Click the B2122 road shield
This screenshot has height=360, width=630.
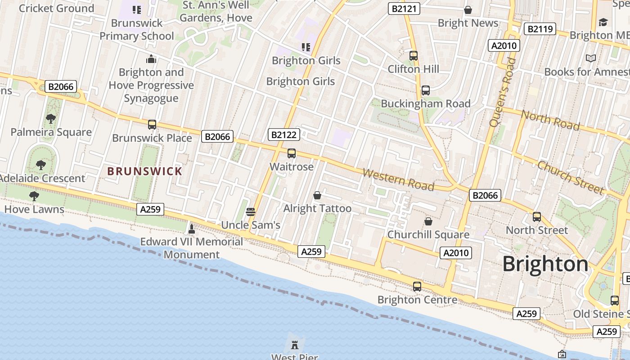tap(283, 135)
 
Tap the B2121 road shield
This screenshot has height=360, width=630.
tap(404, 9)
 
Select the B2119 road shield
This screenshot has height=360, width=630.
tap(540, 29)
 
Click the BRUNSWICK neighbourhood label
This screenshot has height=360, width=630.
tap(144, 171)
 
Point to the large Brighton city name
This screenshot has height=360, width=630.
tap(545, 264)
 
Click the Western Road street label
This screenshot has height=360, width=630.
tap(398, 180)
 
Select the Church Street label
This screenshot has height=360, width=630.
tap(570, 177)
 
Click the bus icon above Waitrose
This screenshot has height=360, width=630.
tap(292, 153)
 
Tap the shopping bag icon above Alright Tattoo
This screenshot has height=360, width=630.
tap(317, 195)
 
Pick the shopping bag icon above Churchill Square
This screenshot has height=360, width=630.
tap(428, 221)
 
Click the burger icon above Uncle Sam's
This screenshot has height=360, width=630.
tap(251, 211)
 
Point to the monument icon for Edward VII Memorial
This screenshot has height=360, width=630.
tap(191, 229)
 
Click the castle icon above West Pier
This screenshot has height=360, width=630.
tap(295, 345)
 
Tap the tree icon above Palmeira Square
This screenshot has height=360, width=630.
tap(51, 119)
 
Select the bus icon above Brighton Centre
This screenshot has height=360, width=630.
tap(417, 286)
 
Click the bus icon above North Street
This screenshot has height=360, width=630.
tap(536, 217)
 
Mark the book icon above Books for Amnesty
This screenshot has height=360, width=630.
tap(590, 58)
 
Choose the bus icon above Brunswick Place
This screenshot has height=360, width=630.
tap(152, 125)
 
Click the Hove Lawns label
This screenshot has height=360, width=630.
tap(34, 209)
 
